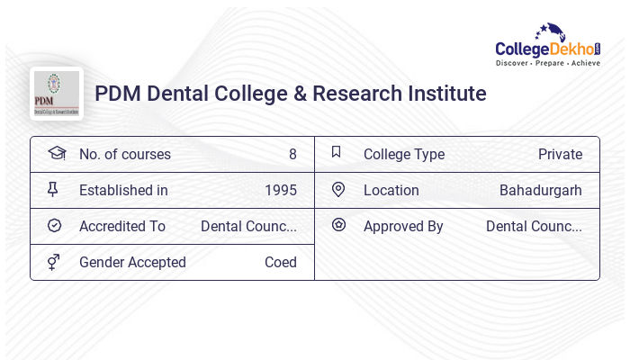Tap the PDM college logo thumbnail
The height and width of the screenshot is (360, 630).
pyautogui.click(x=57, y=94)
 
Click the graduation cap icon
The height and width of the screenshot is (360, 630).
pyautogui.click(x=56, y=154)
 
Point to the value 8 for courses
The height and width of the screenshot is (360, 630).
pyautogui.click(x=292, y=154)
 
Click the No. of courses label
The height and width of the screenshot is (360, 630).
pyautogui.click(x=124, y=154)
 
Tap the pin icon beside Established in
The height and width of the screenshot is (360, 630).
pyautogui.click(x=53, y=190)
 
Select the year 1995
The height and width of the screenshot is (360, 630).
pyautogui.click(x=280, y=190)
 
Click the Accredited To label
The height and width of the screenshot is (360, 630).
pyautogui.click(x=121, y=226)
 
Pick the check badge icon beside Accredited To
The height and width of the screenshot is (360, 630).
pyautogui.click(x=54, y=226)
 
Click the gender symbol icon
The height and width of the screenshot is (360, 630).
pyautogui.click(x=54, y=262)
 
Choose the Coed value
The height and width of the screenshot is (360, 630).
pyautogui.click(x=280, y=262)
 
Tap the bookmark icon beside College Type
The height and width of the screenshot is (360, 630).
pyautogui.click(x=337, y=153)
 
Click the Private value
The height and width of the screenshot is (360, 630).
pyautogui.click(x=560, y=154)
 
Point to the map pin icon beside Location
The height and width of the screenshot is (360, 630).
pyautogui.click(x=338, y=190)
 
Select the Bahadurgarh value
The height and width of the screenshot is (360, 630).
pyautogui.click(x=540, y=190)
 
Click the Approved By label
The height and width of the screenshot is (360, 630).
pyautogui.click(x=403, y=226)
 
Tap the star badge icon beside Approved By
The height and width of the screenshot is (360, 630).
pyautogui.click(x=338, y=225)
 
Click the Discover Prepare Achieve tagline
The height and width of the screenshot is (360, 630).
pyautogui.click(x=547, y=63)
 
